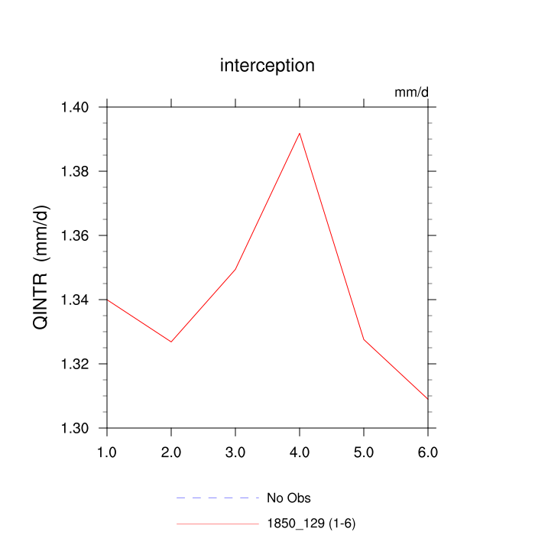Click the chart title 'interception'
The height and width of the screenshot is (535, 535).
point(267,66)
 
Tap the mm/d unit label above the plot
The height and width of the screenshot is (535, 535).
point(411,92)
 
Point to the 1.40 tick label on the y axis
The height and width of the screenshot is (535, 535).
point(76,107)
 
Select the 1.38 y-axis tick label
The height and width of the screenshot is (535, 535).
point(76,171)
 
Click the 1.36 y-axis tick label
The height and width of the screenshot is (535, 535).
point(76,235)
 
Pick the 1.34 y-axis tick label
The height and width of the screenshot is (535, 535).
point(76,300)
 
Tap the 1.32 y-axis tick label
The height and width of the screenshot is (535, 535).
point(76,364)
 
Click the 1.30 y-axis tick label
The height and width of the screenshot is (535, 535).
point(76,428)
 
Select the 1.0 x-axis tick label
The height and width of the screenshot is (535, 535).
point(107,452)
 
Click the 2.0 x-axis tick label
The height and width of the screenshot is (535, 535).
point(171,452)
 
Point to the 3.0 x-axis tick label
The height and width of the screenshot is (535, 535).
point(235,452)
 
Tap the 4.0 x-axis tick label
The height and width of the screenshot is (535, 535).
point(300,452)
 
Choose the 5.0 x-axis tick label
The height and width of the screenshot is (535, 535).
point(364,452)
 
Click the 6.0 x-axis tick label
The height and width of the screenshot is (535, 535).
point(428,452)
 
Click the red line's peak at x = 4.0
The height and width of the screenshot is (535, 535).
point(300,133)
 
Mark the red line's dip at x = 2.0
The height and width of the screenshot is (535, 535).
point(171,342)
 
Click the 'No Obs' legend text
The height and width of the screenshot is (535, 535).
point(288,498)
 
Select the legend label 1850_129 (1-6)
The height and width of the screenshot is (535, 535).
point(311,524)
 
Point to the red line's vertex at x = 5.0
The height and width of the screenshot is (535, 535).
point(364,339)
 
